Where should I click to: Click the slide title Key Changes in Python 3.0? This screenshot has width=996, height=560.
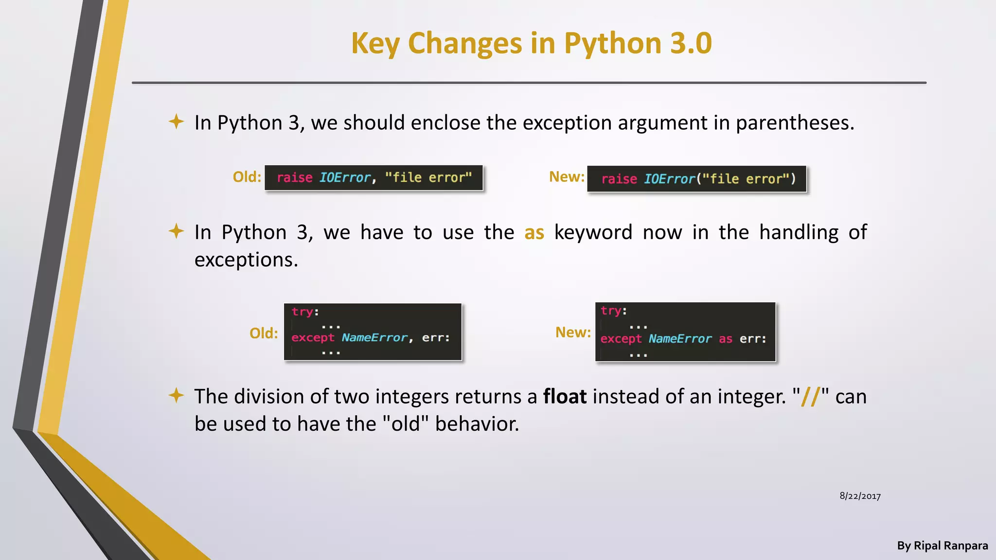tap(531, 43)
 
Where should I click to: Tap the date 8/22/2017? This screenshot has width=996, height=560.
tap(860, 496)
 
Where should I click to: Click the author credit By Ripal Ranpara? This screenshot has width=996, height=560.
tap(942, 545)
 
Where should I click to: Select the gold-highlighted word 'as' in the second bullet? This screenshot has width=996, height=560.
tap(534, 233)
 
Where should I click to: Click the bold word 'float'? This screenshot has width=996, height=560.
tap(565, 397)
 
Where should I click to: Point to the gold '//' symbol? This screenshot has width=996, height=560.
tap(811, 397)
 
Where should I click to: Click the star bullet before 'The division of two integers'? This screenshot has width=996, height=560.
tap(176, 395)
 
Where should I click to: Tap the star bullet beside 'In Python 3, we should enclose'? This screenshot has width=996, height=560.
tap(176, 122)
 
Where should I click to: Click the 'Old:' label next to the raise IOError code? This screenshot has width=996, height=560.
tap(247, 177)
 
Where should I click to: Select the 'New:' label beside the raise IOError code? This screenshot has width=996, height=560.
tap(567, 177)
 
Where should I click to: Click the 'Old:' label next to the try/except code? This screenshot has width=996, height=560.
tap(264, 333)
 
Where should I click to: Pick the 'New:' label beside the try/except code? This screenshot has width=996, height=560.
tap(573, 332)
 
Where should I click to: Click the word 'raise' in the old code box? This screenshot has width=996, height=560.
tap(294, 177)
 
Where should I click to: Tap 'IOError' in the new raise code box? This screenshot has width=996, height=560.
tap(670, 179)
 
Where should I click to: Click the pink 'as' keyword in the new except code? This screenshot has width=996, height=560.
tap(725, 339)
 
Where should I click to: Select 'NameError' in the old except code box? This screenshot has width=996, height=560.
tap(374, 337)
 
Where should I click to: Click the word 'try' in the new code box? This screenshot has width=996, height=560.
tap(610, 311)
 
